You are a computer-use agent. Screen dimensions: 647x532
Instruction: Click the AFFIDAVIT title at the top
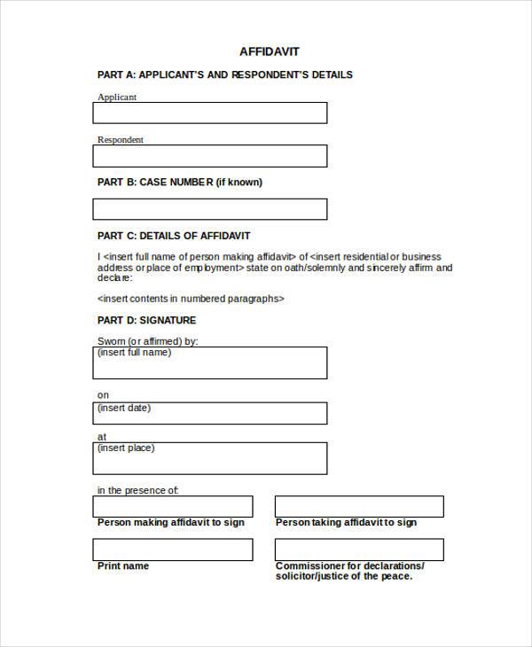[270, 51]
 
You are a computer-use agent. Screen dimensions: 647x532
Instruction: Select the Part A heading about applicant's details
[224, 74]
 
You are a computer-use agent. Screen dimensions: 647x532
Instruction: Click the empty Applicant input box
[209, 113]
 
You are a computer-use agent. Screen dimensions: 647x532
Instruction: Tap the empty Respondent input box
[209, 156]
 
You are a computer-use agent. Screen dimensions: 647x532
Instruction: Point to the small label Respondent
[120, 139]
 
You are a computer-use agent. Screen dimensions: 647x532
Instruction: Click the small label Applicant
[117, 97]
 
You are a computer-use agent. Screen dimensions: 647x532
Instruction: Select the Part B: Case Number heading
[179, 182]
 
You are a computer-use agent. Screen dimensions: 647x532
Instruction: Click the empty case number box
[209, 209]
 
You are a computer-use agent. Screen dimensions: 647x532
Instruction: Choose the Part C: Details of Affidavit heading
[174, 236]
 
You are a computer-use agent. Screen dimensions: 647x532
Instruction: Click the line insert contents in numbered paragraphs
[191, 299]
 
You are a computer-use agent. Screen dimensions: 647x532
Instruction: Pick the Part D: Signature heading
[146, 320]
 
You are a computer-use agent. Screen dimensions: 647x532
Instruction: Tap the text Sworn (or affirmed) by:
[146, 341]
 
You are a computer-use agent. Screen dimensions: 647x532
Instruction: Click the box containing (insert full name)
[209, 362]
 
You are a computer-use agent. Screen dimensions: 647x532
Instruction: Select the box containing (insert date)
[209, 413]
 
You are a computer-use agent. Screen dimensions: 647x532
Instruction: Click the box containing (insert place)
[209, 458]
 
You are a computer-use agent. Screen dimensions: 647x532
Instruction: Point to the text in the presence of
[137, 489]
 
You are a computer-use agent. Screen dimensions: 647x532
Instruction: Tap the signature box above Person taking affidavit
[358, 507]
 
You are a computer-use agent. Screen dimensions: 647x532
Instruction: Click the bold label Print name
[123, 565]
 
